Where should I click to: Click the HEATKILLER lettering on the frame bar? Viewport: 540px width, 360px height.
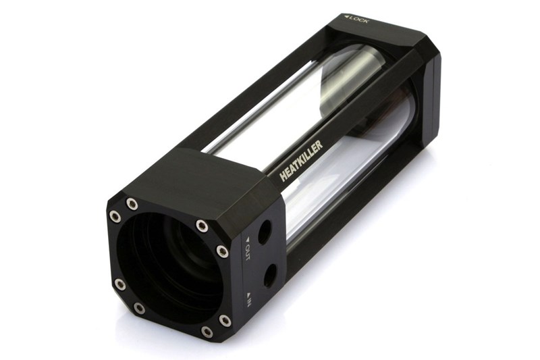point(302,161)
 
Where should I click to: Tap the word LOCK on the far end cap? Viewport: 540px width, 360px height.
point(359,20)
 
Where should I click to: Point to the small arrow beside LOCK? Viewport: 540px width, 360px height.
point(346,16)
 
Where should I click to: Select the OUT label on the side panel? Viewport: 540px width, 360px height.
point(247,252)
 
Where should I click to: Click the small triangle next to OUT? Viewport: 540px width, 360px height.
point(247,238)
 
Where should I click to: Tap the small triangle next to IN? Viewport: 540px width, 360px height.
point(248,294)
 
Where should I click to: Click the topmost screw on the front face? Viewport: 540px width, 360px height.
point(132,203)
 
